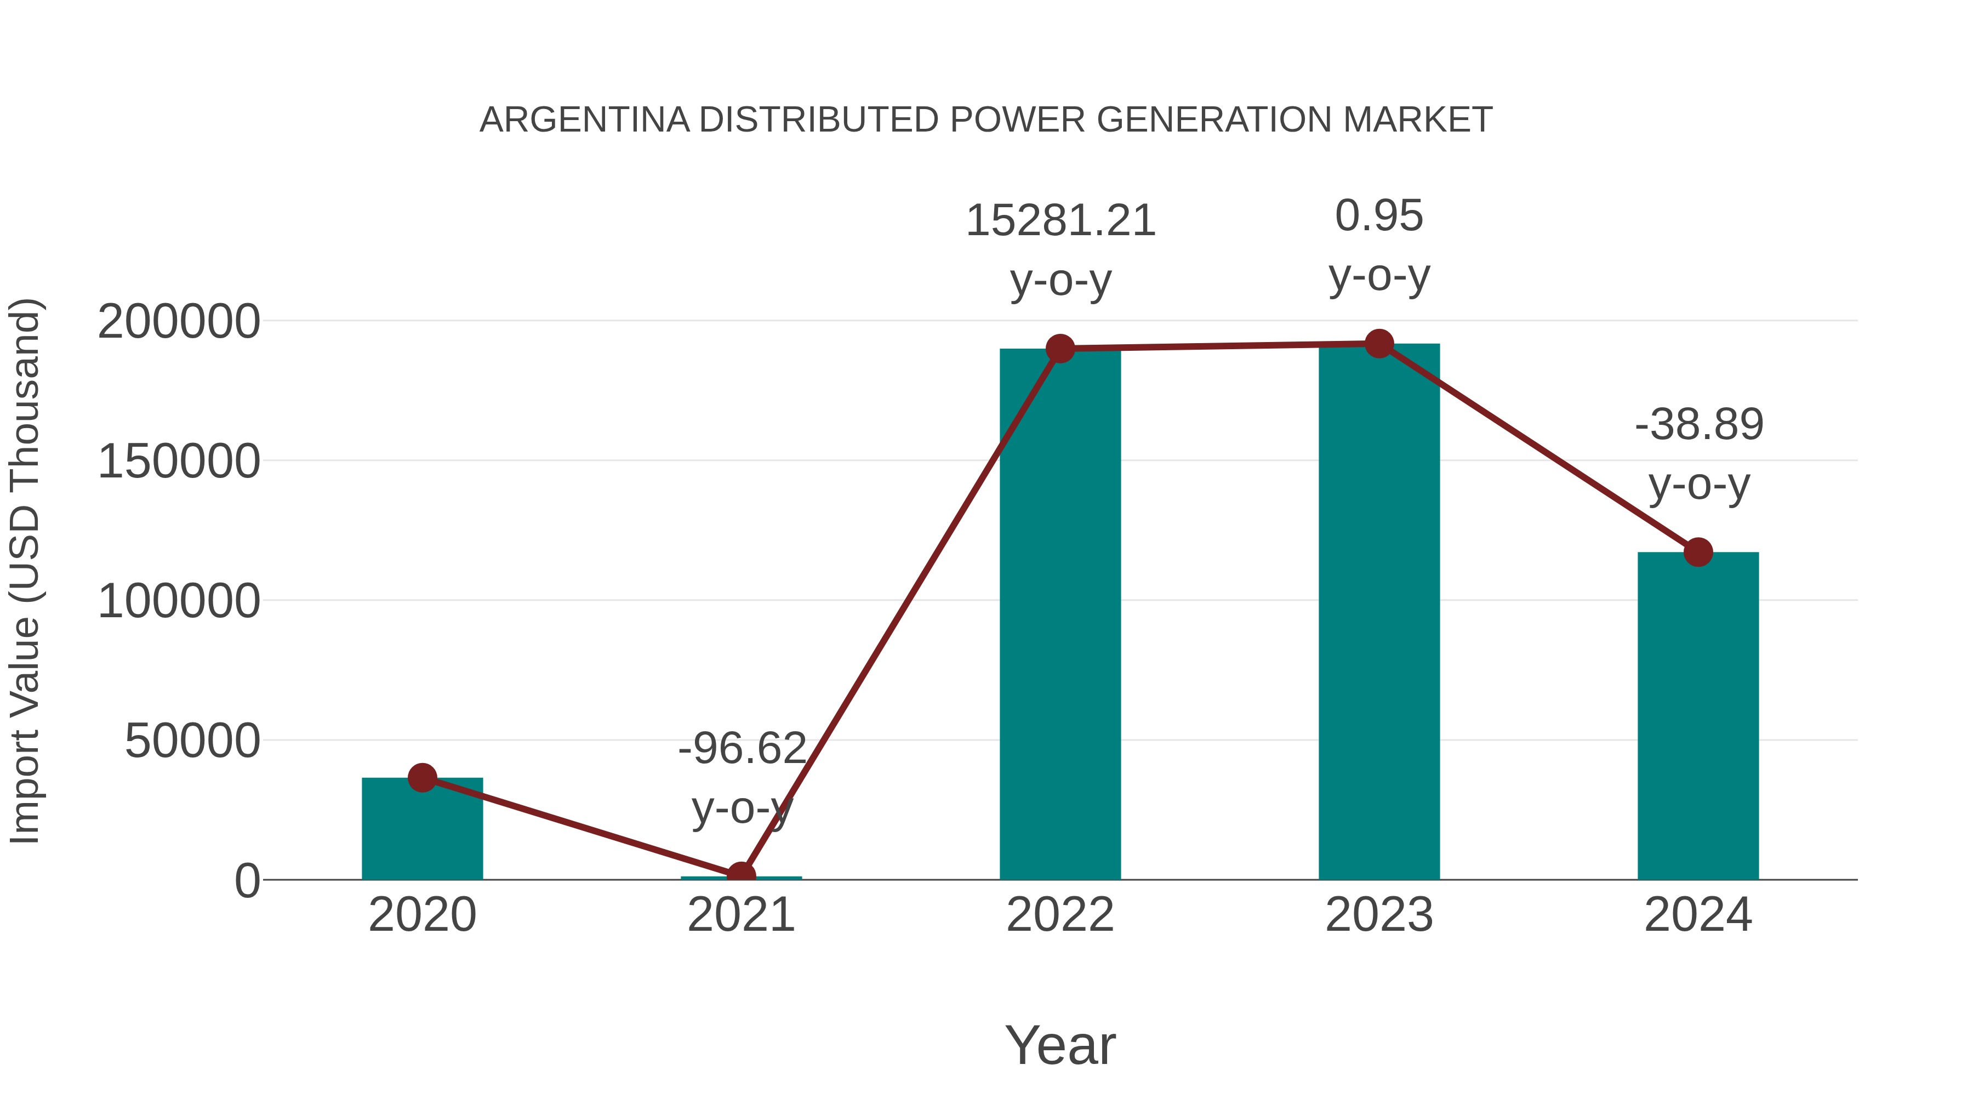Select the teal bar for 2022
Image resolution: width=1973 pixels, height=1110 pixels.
[1060, 613]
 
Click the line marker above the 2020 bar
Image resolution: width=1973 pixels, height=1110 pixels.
[422, 777]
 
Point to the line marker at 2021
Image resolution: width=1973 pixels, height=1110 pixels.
[740, 875]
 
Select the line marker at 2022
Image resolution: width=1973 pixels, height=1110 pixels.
[1060, 349]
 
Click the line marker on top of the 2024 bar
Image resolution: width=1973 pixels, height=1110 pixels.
[1698, 551]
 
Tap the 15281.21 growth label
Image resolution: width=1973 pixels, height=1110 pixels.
[1060, 221]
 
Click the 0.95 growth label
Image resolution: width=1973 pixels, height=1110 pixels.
[1379, 216]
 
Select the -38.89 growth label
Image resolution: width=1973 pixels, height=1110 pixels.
[1698, 425]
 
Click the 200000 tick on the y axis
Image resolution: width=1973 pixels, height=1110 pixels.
[179, 322]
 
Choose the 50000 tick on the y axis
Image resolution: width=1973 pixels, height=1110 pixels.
[192, 742]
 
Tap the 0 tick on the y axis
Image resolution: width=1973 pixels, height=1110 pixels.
[247, 881]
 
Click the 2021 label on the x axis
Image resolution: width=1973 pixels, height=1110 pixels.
[740, 915]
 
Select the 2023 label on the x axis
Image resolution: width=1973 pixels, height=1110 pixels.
[1379, 915]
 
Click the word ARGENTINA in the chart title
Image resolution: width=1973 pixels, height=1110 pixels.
[584, 120]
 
